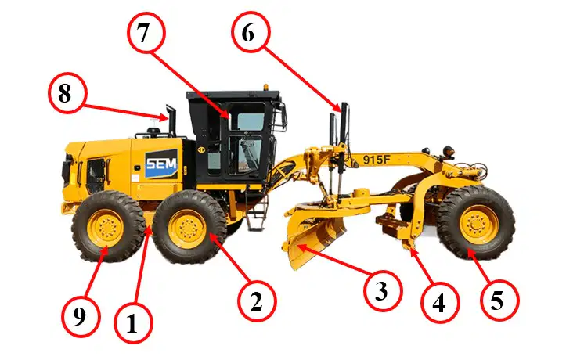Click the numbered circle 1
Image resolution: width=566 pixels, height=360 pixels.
(x=133, y=323)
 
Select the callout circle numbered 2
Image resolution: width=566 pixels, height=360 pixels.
(x=257, y=301)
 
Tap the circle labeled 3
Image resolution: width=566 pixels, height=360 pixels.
(x=382, y=291)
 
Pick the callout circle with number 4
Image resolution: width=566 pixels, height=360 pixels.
(x=440, y=303)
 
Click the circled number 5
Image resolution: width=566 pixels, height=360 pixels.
(x=499, y=301)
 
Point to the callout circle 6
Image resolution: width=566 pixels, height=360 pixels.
(x=251, y=33)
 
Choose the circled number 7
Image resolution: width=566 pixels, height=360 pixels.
(x=146, y=34)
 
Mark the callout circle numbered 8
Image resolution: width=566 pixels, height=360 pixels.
(x=67, y=94)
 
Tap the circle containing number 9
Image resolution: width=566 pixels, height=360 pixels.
(x=80, y=318)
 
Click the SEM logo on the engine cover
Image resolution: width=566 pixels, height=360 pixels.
(x=161, y=164)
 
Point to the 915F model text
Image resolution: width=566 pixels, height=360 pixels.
(x=377, y=160)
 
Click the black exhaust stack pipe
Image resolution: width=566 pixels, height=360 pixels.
(x=171, y=120)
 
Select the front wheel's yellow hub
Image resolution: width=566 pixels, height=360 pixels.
(x=478, y=224)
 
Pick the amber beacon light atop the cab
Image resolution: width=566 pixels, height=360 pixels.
(x=266, y=88)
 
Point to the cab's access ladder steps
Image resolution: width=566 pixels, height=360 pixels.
(x=257, y=212)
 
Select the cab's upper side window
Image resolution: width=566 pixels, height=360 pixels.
(x=250, y=121)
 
